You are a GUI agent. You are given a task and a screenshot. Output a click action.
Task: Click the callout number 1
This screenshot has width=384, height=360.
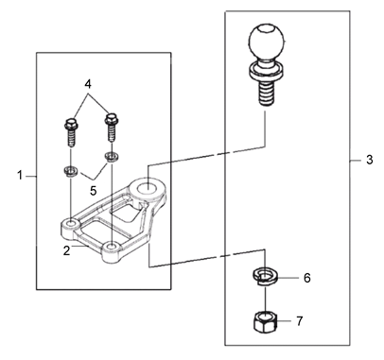(20, 176)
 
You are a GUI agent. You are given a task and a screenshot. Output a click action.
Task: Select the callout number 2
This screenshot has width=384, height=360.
(66, 250)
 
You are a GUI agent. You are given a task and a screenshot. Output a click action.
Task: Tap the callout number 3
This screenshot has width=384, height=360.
(370, 160)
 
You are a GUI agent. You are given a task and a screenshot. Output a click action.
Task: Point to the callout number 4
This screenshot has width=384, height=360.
(88, 84)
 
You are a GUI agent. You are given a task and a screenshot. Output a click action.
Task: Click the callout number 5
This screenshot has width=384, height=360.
(93, 191)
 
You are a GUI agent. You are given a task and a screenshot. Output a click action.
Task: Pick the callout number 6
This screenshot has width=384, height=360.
(307, 278)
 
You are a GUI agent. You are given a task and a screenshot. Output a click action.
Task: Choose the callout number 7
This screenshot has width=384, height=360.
(299, 321)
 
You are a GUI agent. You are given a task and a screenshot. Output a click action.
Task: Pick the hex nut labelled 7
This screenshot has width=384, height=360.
(265, 321)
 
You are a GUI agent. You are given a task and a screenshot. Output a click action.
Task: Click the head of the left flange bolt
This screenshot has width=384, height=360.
(70, 124)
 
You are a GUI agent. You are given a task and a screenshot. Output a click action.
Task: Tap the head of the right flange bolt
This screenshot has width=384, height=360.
(111, 119)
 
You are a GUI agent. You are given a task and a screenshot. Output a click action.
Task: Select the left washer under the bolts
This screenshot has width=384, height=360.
(69, 172)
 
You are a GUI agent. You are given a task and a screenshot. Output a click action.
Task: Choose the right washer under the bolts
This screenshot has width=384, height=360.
(111, 156)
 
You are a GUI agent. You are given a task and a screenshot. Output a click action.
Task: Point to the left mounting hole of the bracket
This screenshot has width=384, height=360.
(72, 223)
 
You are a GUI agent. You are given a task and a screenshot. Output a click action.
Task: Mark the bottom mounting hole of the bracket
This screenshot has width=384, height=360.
(111, 247)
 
